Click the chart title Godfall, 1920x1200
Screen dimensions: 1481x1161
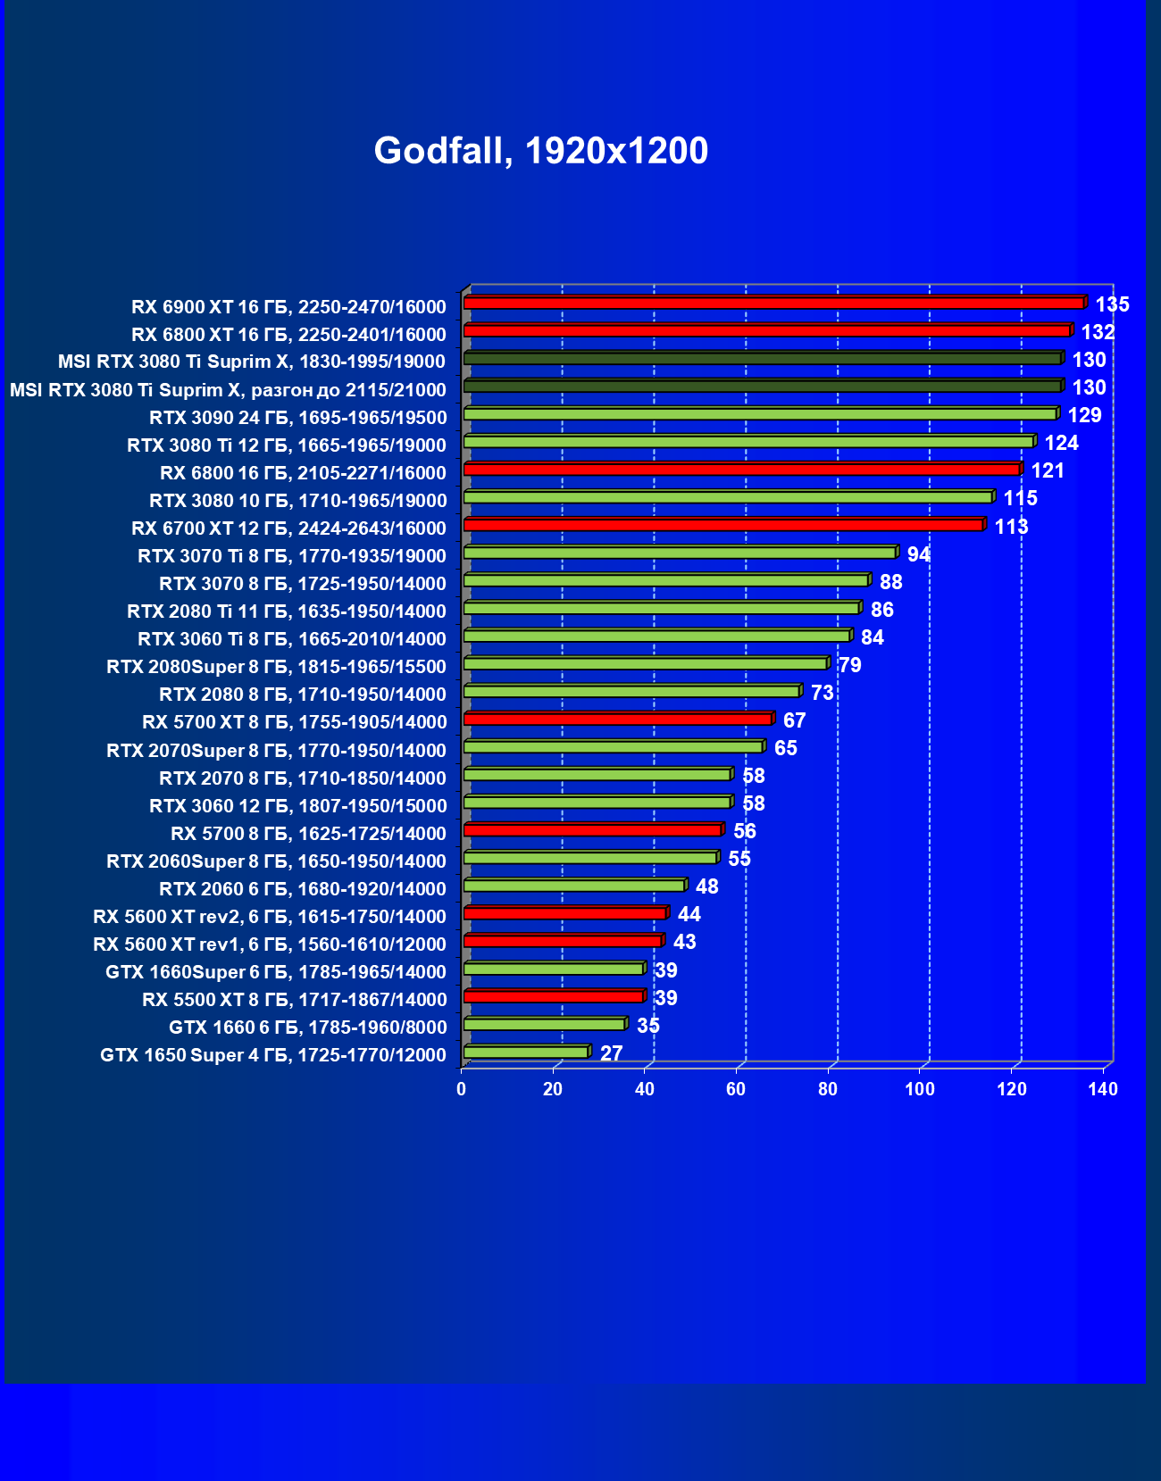tap(540, 151)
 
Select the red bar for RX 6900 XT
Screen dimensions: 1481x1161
tap(773, 304)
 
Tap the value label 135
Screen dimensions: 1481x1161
tap(1112, 304)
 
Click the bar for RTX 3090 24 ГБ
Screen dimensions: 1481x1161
tap(760, 414)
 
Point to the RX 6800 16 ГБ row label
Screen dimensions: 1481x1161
tap(303, 473)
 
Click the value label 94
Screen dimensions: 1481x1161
tap(918, 554)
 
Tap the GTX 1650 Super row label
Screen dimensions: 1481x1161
tap(272, 1055)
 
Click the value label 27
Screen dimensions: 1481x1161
tap(611, 1053)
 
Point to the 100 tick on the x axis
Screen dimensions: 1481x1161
tap(920, 1089)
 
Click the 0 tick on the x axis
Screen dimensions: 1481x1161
tap(462, 1089)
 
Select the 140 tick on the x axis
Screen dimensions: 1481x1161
tap(1103, 1089)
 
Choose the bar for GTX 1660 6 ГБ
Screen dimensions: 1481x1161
tap(544, 1024)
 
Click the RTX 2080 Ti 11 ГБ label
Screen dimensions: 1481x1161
tap(286, 612)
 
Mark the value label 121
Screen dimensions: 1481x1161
tap(1048, 470)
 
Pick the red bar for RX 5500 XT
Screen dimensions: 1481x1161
tap(554, 996)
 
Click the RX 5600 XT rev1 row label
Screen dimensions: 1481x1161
tap(269, 944)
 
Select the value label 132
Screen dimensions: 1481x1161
tap(1098, 332)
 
